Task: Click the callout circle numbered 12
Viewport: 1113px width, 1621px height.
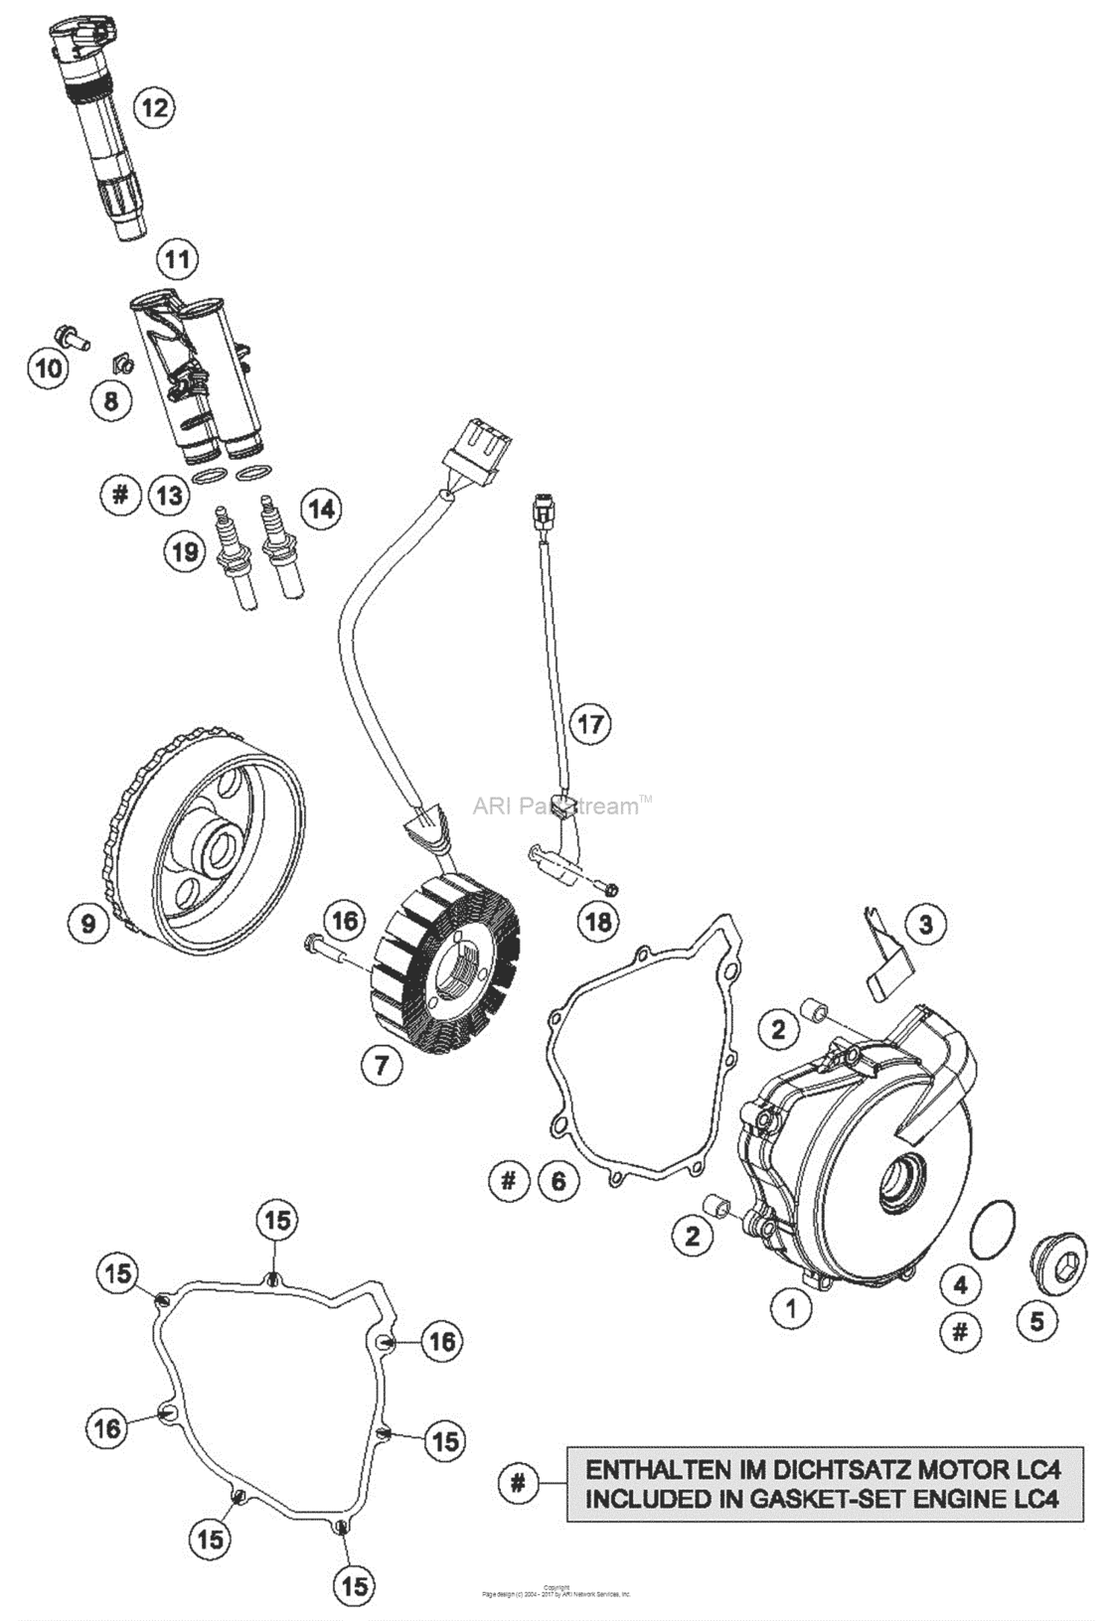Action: [154, 106]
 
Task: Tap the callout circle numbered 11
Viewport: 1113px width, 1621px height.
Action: [177, 260]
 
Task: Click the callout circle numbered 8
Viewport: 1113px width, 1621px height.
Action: [110, 400]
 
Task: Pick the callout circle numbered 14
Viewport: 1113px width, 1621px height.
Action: [320, 509]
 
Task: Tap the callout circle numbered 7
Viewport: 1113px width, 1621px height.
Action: [382, 1066]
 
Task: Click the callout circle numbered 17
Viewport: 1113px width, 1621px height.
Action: [590, 723]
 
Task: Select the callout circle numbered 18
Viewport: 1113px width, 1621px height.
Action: [597, 922]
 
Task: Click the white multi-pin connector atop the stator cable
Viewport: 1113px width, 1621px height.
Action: [478, 449]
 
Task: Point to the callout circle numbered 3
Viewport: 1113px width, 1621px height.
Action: [925, 924]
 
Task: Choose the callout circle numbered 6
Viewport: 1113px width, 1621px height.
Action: [558, 1180]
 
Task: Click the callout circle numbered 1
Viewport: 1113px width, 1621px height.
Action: [792, 1308]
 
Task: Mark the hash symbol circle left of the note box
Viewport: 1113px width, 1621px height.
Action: [517, 1483]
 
